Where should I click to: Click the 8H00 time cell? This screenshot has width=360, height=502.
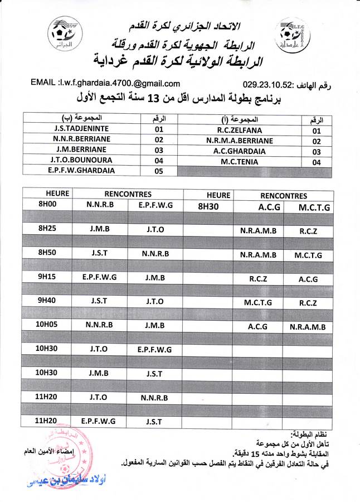tap(47, 205)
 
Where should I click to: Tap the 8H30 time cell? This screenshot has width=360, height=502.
tap(211, 206)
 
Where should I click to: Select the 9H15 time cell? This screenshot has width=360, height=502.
tap(47, 277)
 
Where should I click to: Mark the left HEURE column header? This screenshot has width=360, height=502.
tap(47, 194)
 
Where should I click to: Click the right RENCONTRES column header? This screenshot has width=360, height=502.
tap(283, 196)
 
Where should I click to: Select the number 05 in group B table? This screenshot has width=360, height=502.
tap(159, 171)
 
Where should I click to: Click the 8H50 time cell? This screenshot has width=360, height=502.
tap(47, 253)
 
